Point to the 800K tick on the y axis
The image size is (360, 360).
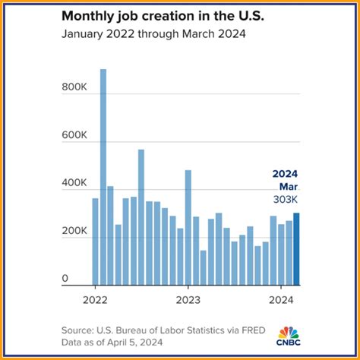(x=75, y=88)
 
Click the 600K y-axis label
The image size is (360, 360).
(x=75, y=136)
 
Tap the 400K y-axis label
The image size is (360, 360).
(x=75, y=183)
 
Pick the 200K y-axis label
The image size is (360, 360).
(x=75, y=231)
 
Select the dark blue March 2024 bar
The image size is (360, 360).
(x=296, y=248)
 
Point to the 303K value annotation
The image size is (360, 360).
(x=286, y=199)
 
